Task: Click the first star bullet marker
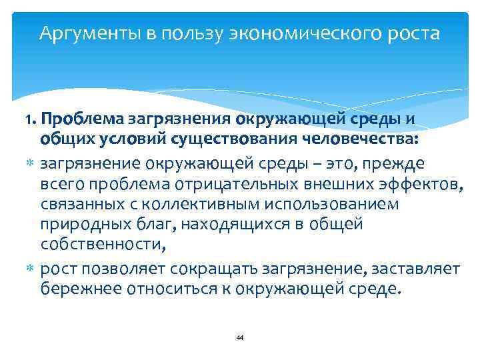(x=31, y=161)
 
